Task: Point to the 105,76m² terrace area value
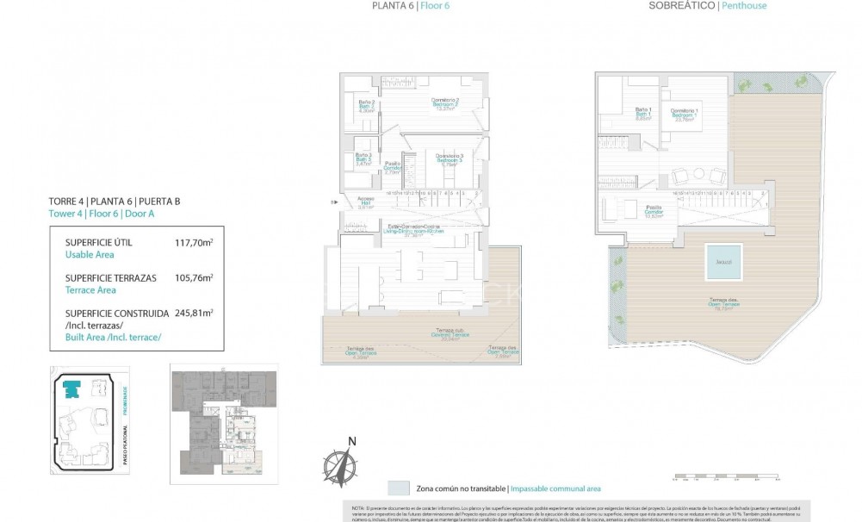point(194,278)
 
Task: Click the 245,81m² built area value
point(194,314)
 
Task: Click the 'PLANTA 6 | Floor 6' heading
point(410,6)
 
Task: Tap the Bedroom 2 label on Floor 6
point(445,104)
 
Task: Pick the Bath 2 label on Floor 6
point(366,107)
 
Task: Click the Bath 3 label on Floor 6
point(363,159)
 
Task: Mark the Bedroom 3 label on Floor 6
point(450,159)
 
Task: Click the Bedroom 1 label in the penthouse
point(685,115)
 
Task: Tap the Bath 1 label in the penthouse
point(642,113)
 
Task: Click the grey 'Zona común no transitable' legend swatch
point(399,488)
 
